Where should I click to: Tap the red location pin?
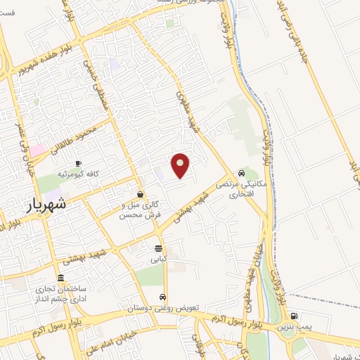(181, 166)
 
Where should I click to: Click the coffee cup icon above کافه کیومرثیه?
(78, 163)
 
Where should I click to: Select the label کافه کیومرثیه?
(77, 173)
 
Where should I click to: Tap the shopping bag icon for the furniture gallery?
(141, 194)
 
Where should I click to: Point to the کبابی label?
(157, 259)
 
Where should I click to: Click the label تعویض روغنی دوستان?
(164, 308)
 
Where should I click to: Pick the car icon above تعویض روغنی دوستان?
(163, 297)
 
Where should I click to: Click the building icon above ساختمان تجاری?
(62, 278)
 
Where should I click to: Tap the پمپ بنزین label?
(293, 326)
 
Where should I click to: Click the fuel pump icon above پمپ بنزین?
(293, 315)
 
